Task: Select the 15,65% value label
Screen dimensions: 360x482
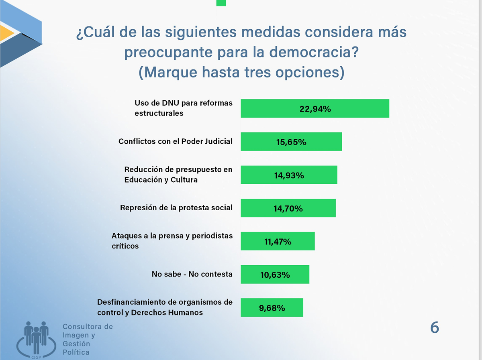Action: tap(291, 142)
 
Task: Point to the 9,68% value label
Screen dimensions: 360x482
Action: tap(272, 308)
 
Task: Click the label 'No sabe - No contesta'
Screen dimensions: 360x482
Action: tap(192, 274)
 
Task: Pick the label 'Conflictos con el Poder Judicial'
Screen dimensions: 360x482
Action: tap(176, 141)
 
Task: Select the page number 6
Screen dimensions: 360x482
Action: tap(435, 328)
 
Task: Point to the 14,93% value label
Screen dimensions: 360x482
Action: tap(289, 175)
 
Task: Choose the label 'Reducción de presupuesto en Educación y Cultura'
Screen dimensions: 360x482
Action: tap(178, 175)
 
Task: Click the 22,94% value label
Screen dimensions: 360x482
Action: tap(315, 108)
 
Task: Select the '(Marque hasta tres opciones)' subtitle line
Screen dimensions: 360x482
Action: tap(241, 73)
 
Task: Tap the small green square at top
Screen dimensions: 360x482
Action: tap(221, 2)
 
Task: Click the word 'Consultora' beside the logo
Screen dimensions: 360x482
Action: tap(88, 327)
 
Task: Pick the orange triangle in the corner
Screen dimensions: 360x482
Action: tap(6, 33)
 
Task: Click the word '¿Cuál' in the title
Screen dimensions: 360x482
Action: tap(92, 33)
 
